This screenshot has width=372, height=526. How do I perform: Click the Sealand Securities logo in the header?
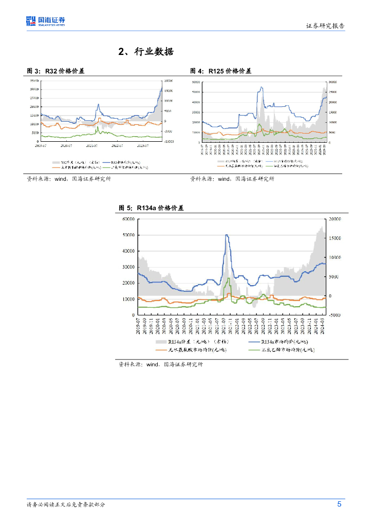click(46, 21)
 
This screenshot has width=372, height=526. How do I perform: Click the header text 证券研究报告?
click(325, 26)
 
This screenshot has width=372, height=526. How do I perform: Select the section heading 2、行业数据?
click(146, 52)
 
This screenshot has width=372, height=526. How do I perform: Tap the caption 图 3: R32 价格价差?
click(55, 71)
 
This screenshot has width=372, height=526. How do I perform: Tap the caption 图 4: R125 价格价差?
click(221, 71)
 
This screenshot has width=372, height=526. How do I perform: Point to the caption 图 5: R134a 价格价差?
click(151, 208)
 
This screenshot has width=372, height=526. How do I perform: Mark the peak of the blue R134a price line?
click(227, 235)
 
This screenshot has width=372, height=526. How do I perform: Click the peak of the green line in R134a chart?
click(228, 278)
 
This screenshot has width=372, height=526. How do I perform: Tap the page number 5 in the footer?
click(340, 504)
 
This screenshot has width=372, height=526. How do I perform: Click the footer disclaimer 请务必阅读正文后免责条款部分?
click(66, 505)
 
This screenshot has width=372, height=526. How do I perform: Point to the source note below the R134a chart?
click(161, 364)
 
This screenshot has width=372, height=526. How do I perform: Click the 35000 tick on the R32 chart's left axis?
click(34, 81)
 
